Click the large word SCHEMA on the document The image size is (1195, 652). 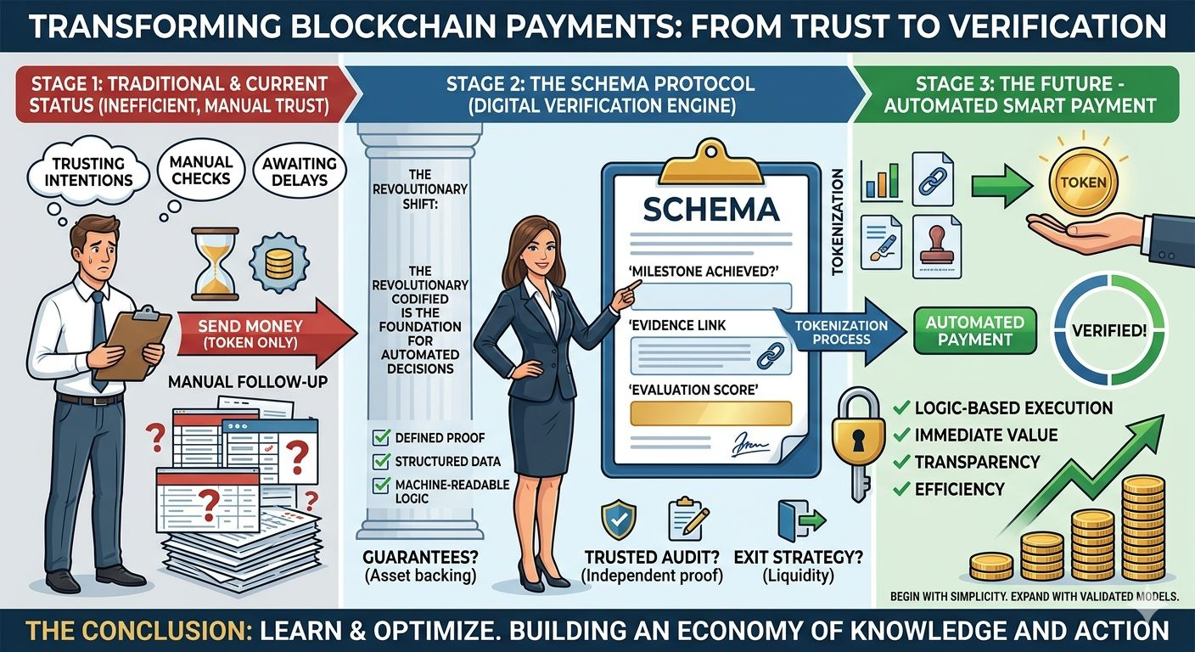click(710, 208)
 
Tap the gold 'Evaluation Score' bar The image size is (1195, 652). click(710, 413)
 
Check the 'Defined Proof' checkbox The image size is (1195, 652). click(381, 438)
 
